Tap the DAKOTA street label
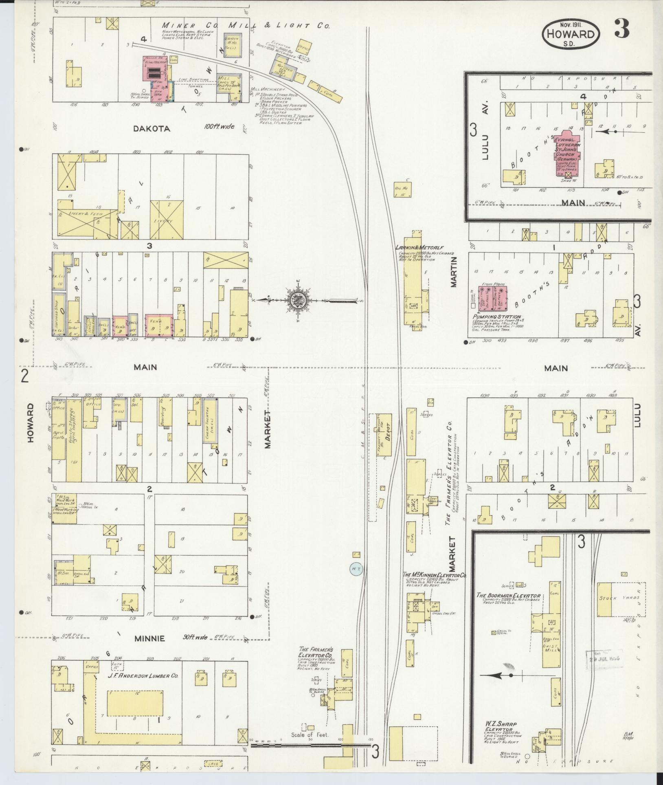(x=151, y=129)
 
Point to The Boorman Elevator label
(x=509, y=596)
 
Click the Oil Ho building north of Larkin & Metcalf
(x=402, y=189)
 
